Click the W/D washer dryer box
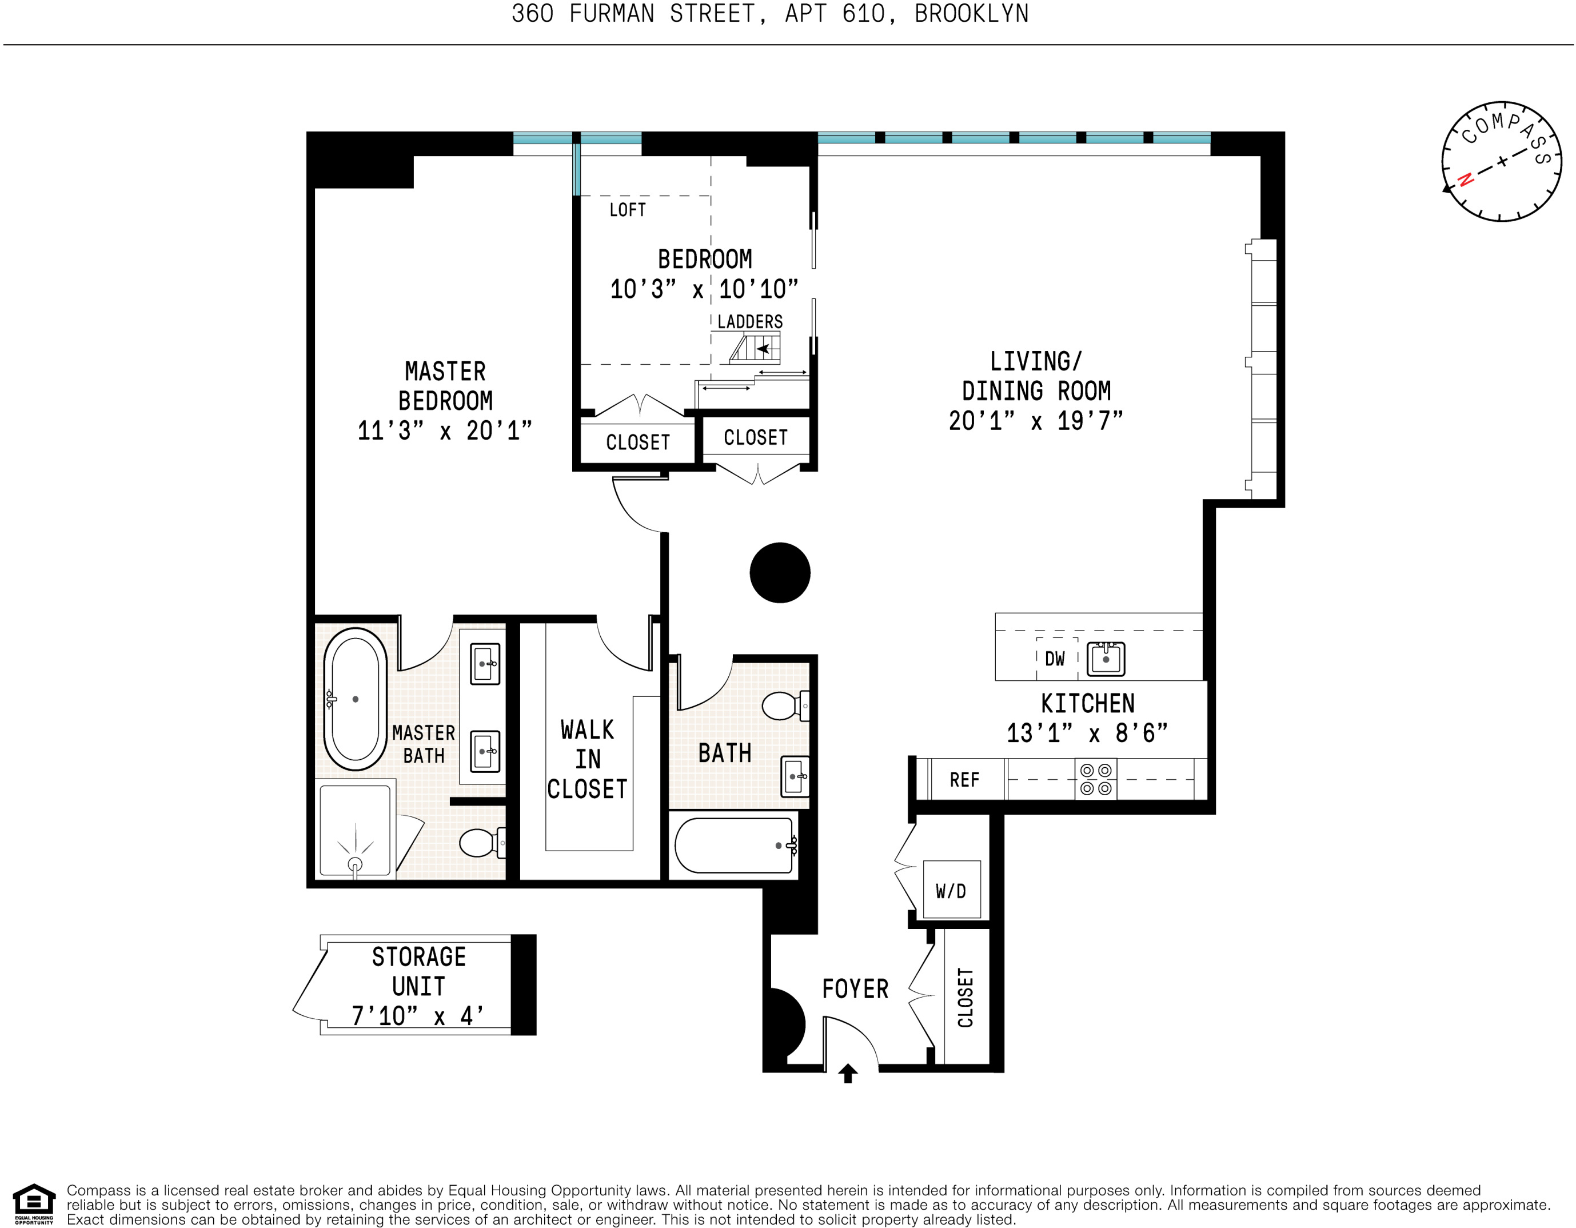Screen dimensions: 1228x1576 951,890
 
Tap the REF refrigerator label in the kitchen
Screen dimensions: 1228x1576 964,780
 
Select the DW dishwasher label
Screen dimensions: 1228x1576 1054,659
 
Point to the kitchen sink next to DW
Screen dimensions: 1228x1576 1106,659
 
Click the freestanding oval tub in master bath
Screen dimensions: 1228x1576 355,699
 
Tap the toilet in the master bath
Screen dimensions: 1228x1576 479,842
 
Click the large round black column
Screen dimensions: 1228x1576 779,572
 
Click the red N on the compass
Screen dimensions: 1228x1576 1465,179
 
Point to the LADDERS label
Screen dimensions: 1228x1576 750,322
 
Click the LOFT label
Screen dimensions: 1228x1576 627,210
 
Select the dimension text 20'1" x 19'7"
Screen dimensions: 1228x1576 1035,421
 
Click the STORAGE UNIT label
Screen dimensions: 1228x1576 418,971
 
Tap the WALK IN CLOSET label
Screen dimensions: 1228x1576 588,759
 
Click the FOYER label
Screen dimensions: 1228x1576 855,988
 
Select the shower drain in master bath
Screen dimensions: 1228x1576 355,864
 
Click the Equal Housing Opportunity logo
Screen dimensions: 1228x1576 34,1204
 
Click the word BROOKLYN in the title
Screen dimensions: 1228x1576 971,14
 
